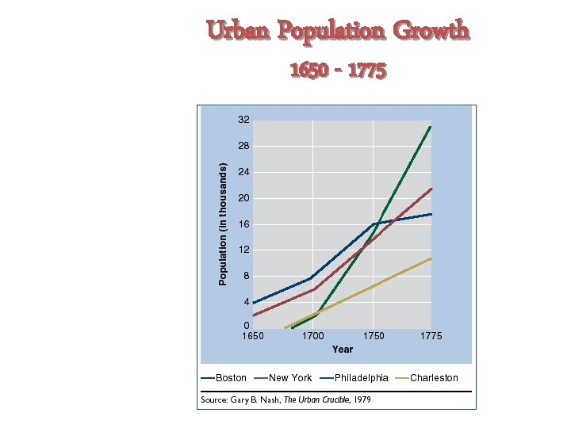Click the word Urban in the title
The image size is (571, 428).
point(235,31)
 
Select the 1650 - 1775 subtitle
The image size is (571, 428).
point(338,71)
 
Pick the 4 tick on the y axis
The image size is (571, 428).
point(247,302)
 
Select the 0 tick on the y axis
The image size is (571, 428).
point(247,326)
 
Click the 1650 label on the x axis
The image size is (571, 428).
point(253,336)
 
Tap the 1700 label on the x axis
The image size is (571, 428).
point(313,336)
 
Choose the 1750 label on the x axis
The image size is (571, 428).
point(374,336)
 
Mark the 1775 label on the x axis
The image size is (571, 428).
point(431,336)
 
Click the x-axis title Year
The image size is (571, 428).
point(343,350)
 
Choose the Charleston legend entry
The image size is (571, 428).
point(433,378)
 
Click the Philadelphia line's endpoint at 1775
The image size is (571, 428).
point(431,126)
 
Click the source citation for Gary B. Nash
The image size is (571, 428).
point(286,399)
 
